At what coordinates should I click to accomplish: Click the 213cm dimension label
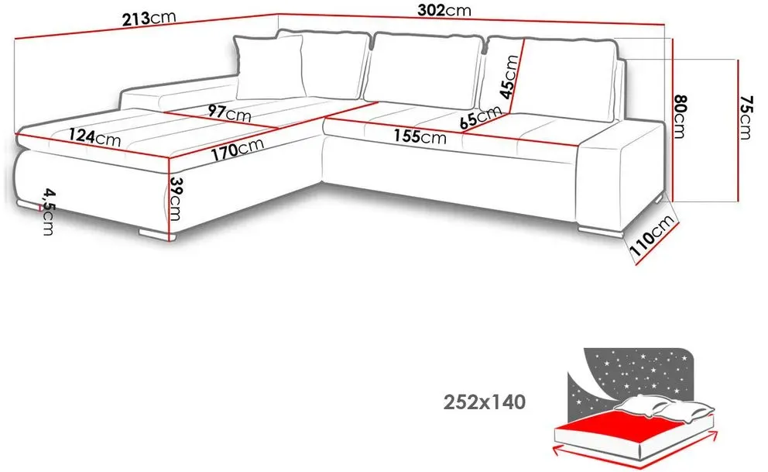[x=149, y=19]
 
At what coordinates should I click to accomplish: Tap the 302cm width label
[x=444, y=10]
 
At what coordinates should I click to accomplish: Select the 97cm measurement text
[x=229, y=112]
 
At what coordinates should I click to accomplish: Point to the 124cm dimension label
[x=94, y=136]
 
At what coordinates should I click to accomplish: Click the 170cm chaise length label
[x=238, y=150]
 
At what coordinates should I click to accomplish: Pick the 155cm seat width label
[x=420, y=136]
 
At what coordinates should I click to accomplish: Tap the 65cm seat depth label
[x=481, y=118]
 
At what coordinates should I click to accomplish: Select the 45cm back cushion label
[x=509, y=77]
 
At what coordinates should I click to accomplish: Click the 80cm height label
[x=680, y=117]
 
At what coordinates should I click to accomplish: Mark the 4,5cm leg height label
[x=48, y=212]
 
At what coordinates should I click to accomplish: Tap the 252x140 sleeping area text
[x=485, y=402]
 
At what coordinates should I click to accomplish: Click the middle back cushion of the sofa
[x=422, y=70]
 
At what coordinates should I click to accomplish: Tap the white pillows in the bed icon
[x=663, y=408]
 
